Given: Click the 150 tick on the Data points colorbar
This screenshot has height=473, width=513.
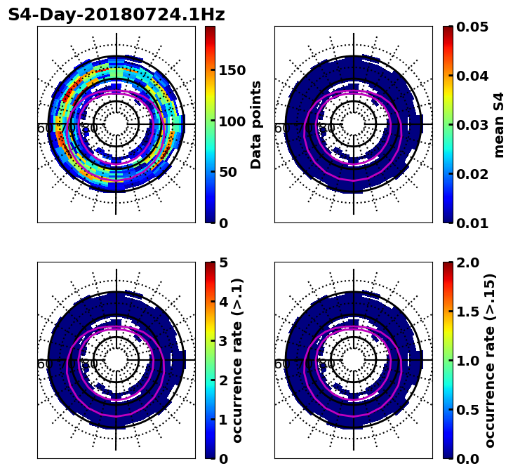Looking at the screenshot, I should [232, 70].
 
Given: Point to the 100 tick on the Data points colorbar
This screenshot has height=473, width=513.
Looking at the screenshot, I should [232, 121].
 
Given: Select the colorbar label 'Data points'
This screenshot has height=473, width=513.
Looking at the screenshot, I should [256, 124].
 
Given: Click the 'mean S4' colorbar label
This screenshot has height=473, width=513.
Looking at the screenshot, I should [499, 124].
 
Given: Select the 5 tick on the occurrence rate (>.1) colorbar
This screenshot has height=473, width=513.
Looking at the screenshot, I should [223, 262].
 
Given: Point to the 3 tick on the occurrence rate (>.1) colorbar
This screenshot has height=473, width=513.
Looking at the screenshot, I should [223, 341].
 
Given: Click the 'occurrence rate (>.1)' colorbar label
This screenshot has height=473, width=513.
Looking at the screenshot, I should [238, 360].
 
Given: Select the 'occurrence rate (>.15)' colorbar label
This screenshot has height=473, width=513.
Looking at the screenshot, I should [490, 360].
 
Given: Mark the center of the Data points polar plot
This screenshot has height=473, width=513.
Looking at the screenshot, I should [116, 124].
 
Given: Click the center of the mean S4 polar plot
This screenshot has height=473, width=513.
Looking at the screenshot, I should [354, 124].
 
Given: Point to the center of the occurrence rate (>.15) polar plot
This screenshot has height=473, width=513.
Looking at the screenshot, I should [354, 360].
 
